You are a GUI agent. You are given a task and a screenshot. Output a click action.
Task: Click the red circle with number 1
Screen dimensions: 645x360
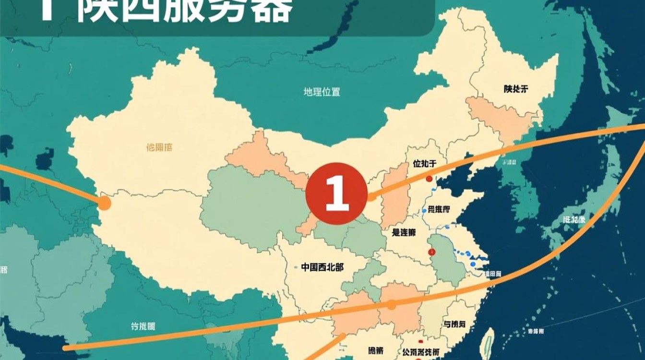[336, 194]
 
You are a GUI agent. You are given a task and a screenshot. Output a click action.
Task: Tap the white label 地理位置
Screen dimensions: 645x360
[322, 92]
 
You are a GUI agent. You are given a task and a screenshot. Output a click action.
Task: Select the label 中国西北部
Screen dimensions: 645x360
[322, 267]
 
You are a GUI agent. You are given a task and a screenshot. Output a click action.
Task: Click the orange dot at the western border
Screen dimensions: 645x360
[104, 204]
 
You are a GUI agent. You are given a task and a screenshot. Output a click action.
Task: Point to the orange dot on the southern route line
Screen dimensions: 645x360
[391, 304]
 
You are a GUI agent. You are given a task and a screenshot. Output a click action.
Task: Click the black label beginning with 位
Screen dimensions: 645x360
[425, 164]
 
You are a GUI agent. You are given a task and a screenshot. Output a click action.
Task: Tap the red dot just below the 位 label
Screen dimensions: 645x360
[429, 179]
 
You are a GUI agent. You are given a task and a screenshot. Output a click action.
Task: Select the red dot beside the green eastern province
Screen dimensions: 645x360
[431, 251]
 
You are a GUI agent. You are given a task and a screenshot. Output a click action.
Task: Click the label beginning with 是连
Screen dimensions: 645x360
[404, 232]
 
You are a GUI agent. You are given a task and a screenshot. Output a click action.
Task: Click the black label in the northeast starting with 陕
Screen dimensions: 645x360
[516, 89]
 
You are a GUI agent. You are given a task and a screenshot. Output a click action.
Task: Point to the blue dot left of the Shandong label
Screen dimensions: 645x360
[424, 210]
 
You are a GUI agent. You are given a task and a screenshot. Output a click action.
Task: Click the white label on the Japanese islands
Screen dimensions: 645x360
[574, 220]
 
